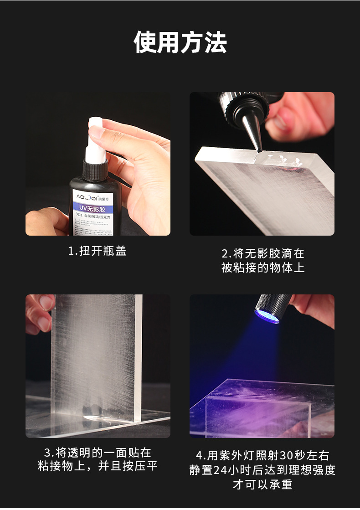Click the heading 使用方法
(x=180, y=43)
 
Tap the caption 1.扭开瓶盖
(x=97, y=251)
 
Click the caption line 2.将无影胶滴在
(x=262, y=253)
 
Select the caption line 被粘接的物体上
(x=262, y=268)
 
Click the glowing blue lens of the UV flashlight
(x=267, y=316)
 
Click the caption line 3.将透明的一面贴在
(x=97, y=453)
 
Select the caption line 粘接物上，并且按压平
(x=97, y=467)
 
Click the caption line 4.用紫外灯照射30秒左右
(x=262, y=455)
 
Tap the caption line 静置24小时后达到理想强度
(x=262, y=470)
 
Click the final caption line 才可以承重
(x=262, y=484)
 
